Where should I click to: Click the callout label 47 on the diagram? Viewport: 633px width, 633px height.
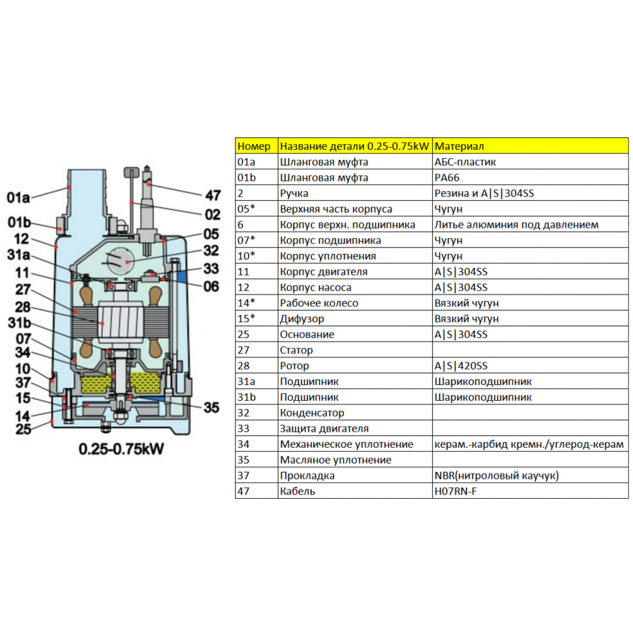213,196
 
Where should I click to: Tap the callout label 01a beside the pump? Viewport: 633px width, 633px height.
18,197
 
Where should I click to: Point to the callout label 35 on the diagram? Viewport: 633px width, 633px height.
211,407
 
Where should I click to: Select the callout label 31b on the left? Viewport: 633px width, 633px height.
20,323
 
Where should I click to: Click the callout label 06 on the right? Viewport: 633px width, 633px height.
211,286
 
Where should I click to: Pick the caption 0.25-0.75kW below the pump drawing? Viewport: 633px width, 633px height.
121,449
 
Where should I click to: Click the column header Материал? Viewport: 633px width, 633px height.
459,146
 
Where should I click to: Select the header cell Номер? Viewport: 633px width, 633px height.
254,146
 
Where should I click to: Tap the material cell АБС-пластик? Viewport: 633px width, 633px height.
465,162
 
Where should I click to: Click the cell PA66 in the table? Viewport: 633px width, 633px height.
447,178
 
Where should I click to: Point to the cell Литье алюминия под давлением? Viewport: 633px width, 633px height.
517,225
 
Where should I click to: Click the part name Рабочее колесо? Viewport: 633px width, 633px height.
319,303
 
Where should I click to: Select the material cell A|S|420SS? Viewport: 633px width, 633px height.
461,366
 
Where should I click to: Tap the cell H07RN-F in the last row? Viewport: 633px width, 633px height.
455,491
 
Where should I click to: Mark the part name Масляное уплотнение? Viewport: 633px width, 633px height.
335,460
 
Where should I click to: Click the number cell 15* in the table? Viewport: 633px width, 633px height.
246,318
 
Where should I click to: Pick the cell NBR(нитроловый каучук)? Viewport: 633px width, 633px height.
496,475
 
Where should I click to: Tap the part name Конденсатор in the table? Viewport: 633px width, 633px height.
312,413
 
